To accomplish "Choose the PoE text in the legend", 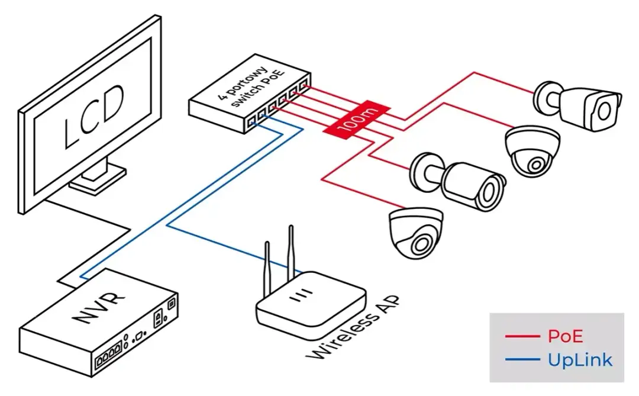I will pyautogui.click(x=565, y=336).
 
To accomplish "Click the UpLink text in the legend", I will pyautogui.click(x=580, y=359).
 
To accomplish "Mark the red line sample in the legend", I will pyautogui.click(x=522, y=337).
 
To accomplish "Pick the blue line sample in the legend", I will pyautogui.click(x=522, y=359).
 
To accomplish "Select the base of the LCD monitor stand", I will pyautogui.click(x=98, y=178).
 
